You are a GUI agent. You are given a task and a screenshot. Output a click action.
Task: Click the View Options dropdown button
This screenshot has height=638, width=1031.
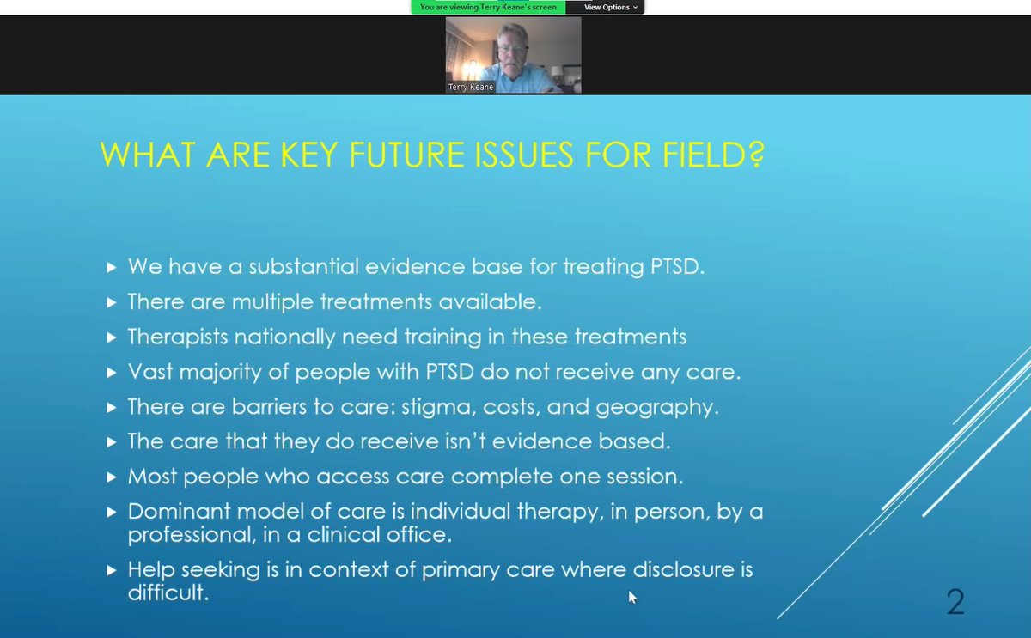(611, 7)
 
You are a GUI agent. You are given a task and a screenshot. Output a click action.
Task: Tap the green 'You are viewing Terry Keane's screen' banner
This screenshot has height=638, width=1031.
(488, 7)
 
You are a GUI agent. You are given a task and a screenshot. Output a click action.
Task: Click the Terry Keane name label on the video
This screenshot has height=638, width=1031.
(471, 87)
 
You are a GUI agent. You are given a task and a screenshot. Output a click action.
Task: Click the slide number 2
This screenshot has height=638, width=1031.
(955, 602)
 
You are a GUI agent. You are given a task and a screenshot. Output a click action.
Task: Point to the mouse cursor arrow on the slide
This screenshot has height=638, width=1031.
(632, 596)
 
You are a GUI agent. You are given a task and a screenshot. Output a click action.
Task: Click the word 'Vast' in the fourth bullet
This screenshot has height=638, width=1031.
(149, 372)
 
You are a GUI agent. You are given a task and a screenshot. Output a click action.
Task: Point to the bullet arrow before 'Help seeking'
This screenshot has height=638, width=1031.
(111, 570)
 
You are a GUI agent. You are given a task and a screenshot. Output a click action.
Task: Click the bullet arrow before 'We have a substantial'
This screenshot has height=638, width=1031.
(111, 268)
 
